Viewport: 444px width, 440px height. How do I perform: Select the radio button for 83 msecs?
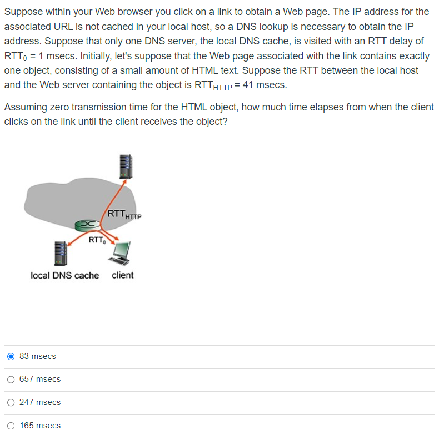11,356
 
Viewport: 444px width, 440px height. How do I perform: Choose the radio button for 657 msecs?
11,380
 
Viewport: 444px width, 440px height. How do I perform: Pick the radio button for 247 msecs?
11,402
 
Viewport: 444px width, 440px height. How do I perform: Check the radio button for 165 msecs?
11,426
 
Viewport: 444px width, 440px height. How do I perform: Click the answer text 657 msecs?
40,380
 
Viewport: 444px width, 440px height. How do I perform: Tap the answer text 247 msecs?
40,402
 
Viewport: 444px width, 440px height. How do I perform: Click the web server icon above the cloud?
124,165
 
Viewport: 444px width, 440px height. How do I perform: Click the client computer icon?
121,253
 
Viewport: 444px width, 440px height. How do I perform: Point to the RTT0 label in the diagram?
96,240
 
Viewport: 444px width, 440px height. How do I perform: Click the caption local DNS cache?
64,275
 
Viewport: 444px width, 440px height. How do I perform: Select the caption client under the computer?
122,275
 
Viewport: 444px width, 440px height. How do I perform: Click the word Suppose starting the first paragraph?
22,12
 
